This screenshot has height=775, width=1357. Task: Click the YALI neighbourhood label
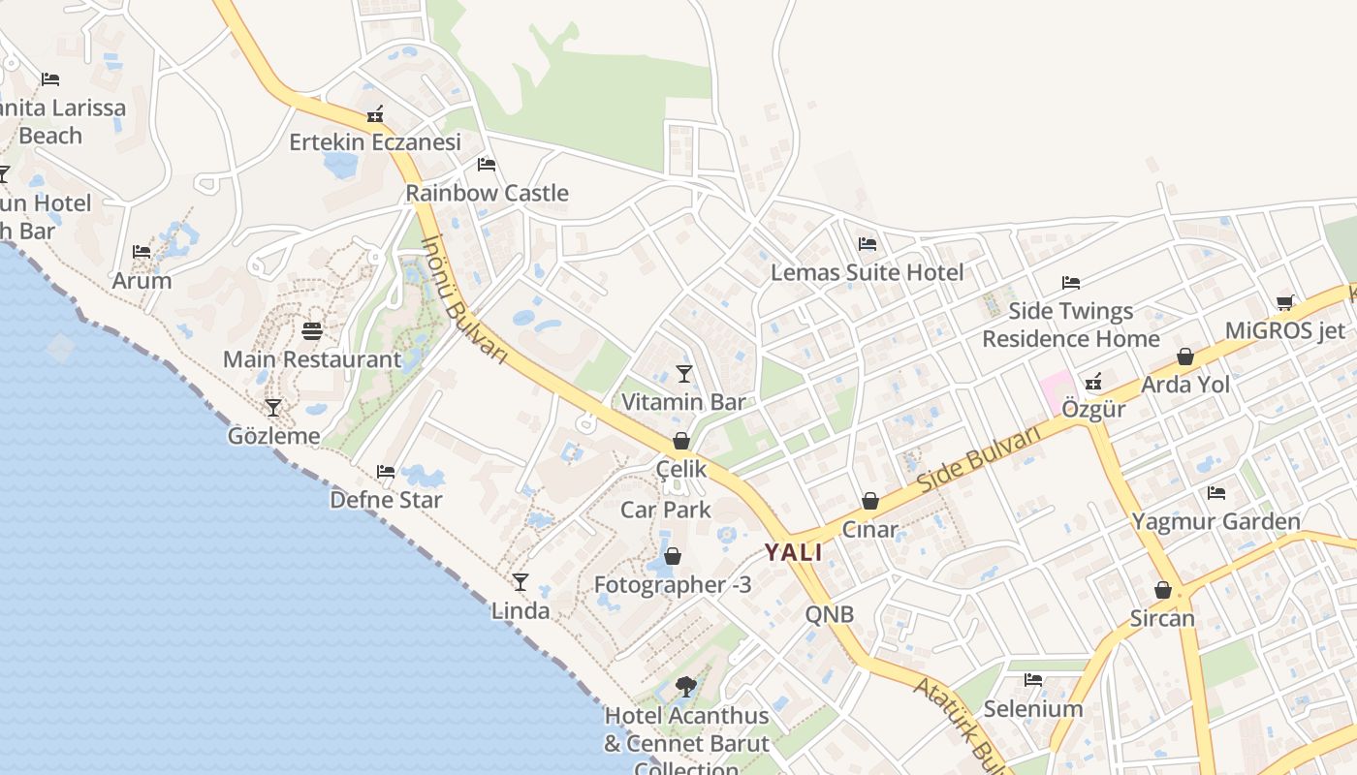[x=793, y=553]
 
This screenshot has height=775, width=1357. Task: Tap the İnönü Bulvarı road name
[x=466, y=299]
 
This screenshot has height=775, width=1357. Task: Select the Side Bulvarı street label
[x=979, y=457]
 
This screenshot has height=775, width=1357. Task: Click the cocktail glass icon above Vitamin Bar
[x=684, y=374]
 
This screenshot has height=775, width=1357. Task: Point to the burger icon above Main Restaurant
[x=312, y=331]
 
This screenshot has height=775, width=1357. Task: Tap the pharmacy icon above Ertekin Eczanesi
[x=375, y=114]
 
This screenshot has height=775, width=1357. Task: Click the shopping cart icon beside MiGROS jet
[x=1285, y=302]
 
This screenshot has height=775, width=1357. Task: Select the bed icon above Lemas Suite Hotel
[x=868, y=244]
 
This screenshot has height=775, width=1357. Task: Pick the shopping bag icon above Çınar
[x=870, y=501]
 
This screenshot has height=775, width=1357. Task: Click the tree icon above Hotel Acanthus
[x=686, y=687]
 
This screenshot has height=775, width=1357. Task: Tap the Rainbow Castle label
[x=487, y=193]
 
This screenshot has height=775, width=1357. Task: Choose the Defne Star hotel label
[x=386, y=500]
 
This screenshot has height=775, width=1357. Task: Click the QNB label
[x=830, y=614]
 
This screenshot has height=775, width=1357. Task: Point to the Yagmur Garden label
[x=1215, y=521]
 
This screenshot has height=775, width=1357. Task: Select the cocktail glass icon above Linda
[x=521, y=582]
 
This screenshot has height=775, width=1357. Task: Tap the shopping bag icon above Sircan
[x=1163, y=590]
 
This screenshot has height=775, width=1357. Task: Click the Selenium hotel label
[x=1033, y=708]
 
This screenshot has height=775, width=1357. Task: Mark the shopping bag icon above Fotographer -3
[x=673, y=556]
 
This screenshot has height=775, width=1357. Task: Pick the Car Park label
[x=666, y=510]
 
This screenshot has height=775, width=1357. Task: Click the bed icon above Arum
[x=142, y=252]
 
